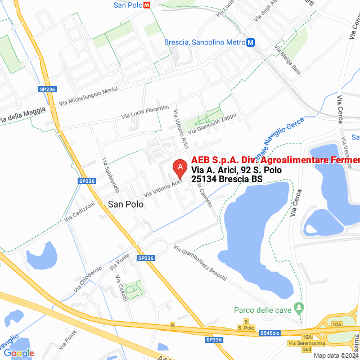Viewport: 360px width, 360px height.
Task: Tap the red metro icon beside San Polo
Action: tap(147, 4)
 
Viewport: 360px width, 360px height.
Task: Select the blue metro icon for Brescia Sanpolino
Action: tap(251, 42)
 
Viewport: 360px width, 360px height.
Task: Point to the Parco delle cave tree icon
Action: tap(299, 309)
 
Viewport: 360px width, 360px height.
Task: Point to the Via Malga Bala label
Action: tap(288, 61)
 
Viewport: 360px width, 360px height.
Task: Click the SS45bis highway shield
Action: tap(269, 334)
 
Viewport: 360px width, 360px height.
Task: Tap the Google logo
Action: tap(19, 353)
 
